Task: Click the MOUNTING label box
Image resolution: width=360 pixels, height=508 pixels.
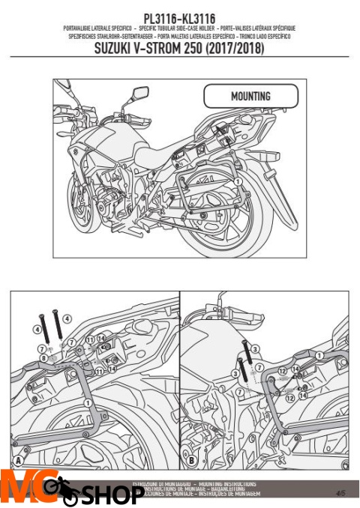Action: point(250,97)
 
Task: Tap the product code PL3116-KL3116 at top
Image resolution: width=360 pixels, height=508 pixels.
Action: point(180,17)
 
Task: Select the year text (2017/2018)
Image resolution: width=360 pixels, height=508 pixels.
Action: point(233,49)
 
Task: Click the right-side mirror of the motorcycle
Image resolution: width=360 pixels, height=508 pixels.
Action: point(140,94)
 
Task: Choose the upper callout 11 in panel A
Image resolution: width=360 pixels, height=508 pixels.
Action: point(89,339)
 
